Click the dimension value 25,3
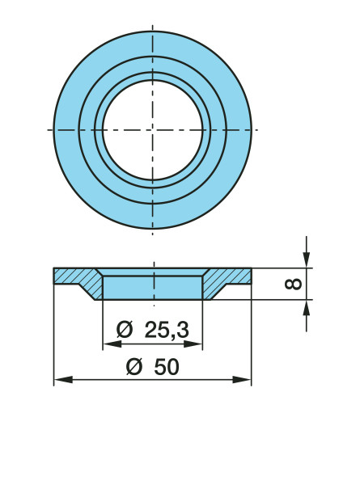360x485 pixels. (167, 331)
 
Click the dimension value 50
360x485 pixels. (167, 367)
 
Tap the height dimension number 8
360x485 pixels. (293, 284)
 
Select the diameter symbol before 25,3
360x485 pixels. (125, 330)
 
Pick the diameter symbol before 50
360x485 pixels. (134, 367)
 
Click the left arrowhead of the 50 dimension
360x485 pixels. (63, 380)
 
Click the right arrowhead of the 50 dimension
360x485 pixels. (242, 380)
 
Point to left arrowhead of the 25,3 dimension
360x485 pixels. (112, 344)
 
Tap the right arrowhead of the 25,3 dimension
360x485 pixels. (193, 344)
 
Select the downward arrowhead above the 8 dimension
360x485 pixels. (306, 259)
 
